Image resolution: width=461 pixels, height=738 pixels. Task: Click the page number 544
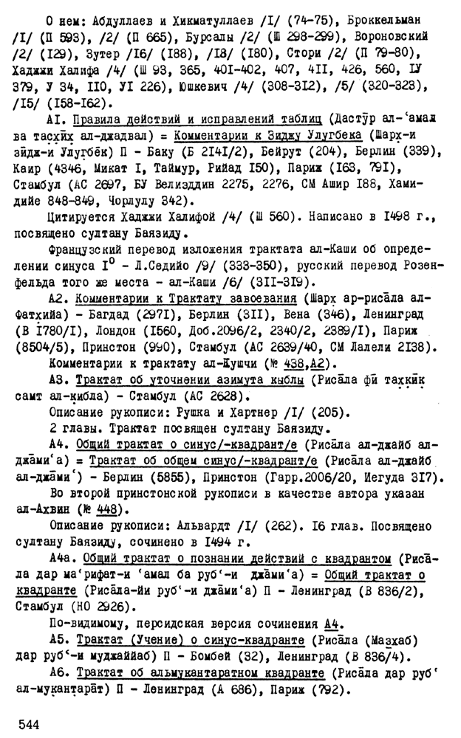coord(28,725)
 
